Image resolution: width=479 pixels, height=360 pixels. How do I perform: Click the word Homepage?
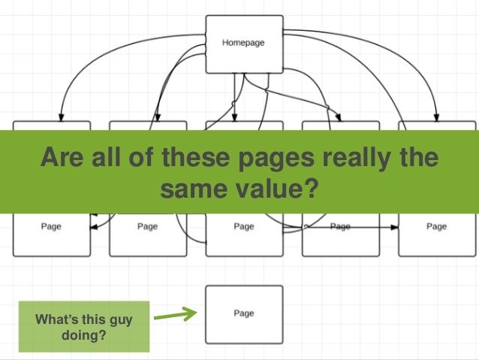coord(243,43)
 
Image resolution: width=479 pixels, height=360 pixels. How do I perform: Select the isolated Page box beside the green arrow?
coord(243,313)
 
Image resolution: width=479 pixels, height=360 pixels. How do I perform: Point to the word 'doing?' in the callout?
coord(83,335)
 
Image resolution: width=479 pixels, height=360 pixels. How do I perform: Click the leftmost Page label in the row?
coord(51,226)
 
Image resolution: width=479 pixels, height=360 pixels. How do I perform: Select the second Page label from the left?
coord(147,226)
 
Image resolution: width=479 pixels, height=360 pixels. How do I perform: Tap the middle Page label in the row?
coord(243,226)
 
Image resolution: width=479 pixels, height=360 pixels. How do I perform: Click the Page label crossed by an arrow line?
coord(340,226)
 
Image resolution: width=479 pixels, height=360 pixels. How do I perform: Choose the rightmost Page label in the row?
coord(436,226)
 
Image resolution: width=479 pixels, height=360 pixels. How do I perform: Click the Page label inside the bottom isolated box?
coord(243,313)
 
